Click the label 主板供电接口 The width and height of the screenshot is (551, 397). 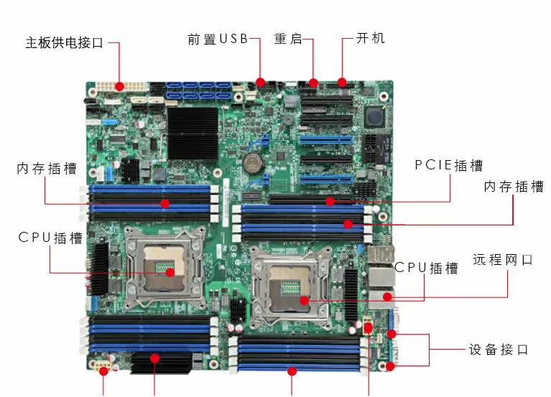[64, 43]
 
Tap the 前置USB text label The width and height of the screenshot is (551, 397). [217, 39]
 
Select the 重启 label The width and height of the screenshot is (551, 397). [288, 39]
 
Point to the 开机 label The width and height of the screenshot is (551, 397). [371, 38]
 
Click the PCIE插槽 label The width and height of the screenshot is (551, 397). [449, 165]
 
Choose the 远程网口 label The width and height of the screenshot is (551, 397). [503, 260]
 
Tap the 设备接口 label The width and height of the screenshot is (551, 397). [499, 350]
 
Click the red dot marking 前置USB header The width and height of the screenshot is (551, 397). [261, 82]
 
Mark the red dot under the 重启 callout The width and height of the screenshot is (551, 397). [313, 82]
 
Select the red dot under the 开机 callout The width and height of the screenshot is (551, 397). [342, 81]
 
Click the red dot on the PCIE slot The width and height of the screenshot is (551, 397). [330, 201]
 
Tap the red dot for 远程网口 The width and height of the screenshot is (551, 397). [387, 296]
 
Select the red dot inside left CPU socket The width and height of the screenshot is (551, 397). [170, 272]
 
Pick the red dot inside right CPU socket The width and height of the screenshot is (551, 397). [305, 299]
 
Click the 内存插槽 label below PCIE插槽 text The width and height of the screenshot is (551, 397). [514, 187]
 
